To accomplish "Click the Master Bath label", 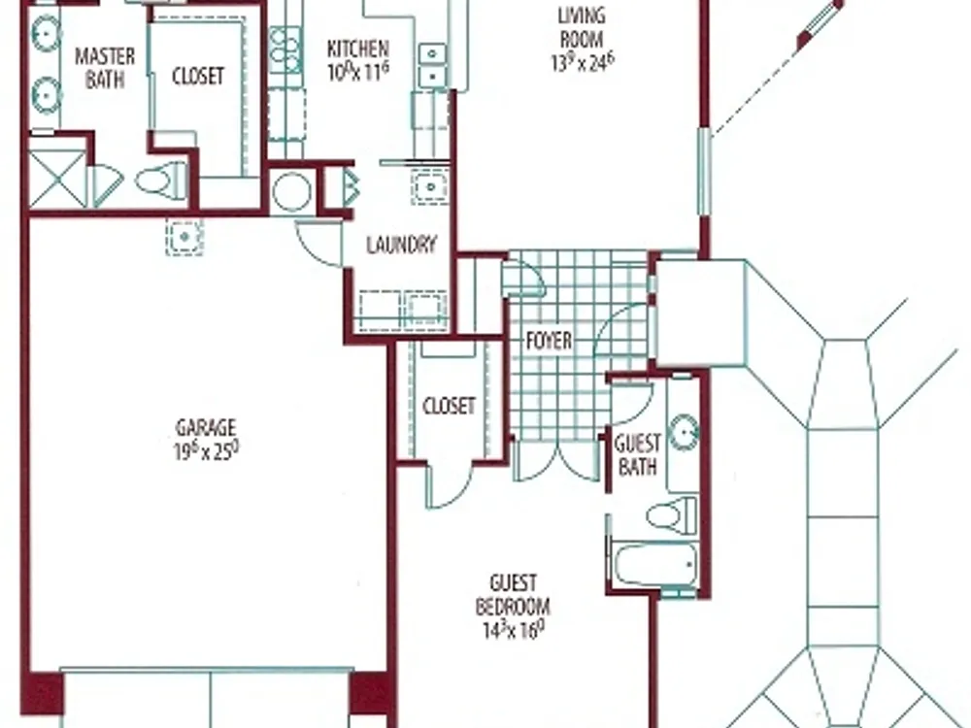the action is pyautogui.click(x=105, y=68).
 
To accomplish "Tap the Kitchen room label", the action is pyautogui.click(x=358, y=49).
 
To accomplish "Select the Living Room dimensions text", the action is pyautogui.click(x=582, y=62).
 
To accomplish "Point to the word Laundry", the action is pyautogui.click(x=401, y=246).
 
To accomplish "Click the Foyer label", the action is pyautogui.click(x=549, y=341).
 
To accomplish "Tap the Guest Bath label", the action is pyautogui.click(x=637, y=454).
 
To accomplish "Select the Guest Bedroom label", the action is pyautogui.click(x=513, y=594).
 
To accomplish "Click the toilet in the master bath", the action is pyautogui.click(x=161, y=181).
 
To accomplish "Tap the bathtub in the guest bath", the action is pyautogui.click(x=655, y=565).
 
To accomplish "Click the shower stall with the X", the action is pyautogui.click(x=57, y=180).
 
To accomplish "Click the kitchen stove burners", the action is pyautogui.click(x=285, y=50).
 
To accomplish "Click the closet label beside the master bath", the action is pyautogui.click(x=197, y=76).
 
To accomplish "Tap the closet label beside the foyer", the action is pyautogui.click(x=449, y=406).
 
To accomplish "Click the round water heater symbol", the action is pyautogui.click(x=292, y=191).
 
